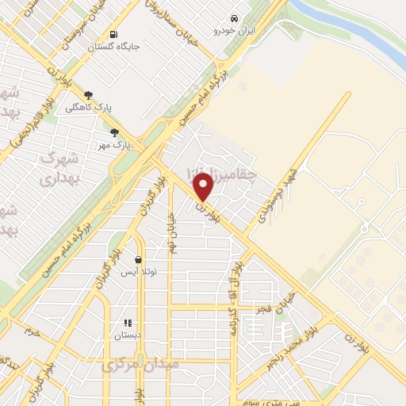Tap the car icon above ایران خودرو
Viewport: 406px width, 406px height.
[x=234, y=18]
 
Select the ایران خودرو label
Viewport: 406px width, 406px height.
[x=230, y=31]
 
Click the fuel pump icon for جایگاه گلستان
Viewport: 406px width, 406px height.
[x=114, y=35]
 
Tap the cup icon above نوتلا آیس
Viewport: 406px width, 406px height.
[x=139, y=259]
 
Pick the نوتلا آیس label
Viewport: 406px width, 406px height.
[x=139, y=271]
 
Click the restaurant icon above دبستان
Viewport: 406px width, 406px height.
[x=127, y=323]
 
